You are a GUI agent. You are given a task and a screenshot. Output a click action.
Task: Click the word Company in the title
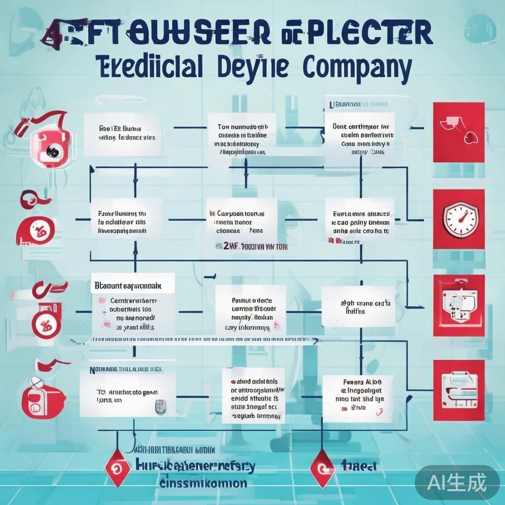[x=357, y=68]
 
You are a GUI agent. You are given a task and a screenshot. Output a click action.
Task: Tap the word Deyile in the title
[x=253, y=68]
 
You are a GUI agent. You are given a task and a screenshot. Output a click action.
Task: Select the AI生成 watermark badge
[x=457, y=482]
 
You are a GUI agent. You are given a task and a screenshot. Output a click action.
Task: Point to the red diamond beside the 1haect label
[x=322, y=465]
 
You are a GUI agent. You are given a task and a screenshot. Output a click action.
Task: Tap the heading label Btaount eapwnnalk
[x=133, y=285]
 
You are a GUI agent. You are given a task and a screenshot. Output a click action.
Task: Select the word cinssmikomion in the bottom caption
[x=203, y=483]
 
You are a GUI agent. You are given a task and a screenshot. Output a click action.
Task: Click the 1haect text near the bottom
[x=359, y=465]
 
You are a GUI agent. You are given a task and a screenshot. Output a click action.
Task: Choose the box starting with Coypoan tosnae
[x=241, y=222]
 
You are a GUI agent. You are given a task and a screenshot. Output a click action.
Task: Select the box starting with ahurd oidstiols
[x=253, y=395]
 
